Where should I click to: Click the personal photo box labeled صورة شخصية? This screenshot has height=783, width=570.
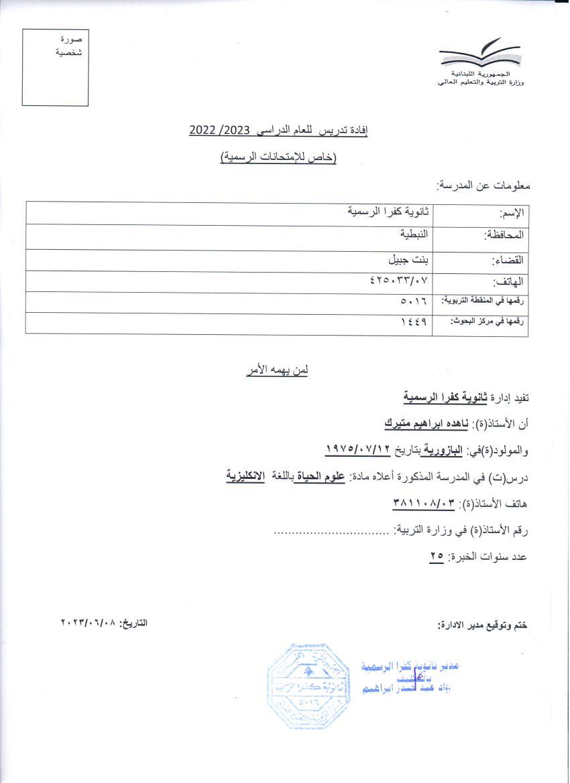click(x=55, y=67)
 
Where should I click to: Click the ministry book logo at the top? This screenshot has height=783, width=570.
click(x=479, y=54)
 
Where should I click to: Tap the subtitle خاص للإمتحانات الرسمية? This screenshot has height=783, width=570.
click(x=278, y=157)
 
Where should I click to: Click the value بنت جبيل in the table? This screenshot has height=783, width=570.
click(x=412, y=259)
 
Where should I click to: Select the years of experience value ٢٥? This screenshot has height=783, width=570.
click(x=437, y=556)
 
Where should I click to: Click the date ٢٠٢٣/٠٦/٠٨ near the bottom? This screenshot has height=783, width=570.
click(x=88, y=623)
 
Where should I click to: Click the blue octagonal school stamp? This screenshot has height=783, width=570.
click(x=308, y=685)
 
